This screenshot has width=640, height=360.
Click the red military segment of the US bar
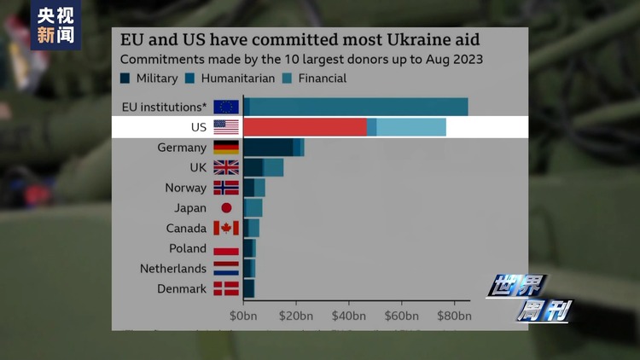coord(305,127)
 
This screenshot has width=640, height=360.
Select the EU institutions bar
coord(355,107)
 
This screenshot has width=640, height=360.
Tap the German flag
coord(226,147)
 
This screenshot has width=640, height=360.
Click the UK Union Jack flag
coord(226,167)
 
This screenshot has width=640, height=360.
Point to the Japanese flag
coord(226,207)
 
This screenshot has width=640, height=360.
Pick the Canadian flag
coord(226,228)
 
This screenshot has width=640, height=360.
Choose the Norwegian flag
coord(226,188)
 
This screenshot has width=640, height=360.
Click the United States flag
coord(226,127)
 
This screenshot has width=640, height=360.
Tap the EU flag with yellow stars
coord(226,107)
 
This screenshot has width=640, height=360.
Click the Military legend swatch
coord(125,78)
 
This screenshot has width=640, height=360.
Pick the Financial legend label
coord(323,78)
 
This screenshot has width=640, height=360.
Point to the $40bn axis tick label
coord(348,316)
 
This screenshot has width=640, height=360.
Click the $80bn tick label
coord(454,316)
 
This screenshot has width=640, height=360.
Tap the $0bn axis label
coord(243,316)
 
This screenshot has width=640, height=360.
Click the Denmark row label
coord(182,289)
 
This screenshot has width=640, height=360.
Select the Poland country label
coord(188,248)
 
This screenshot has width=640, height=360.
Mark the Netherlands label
coord(173,269)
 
